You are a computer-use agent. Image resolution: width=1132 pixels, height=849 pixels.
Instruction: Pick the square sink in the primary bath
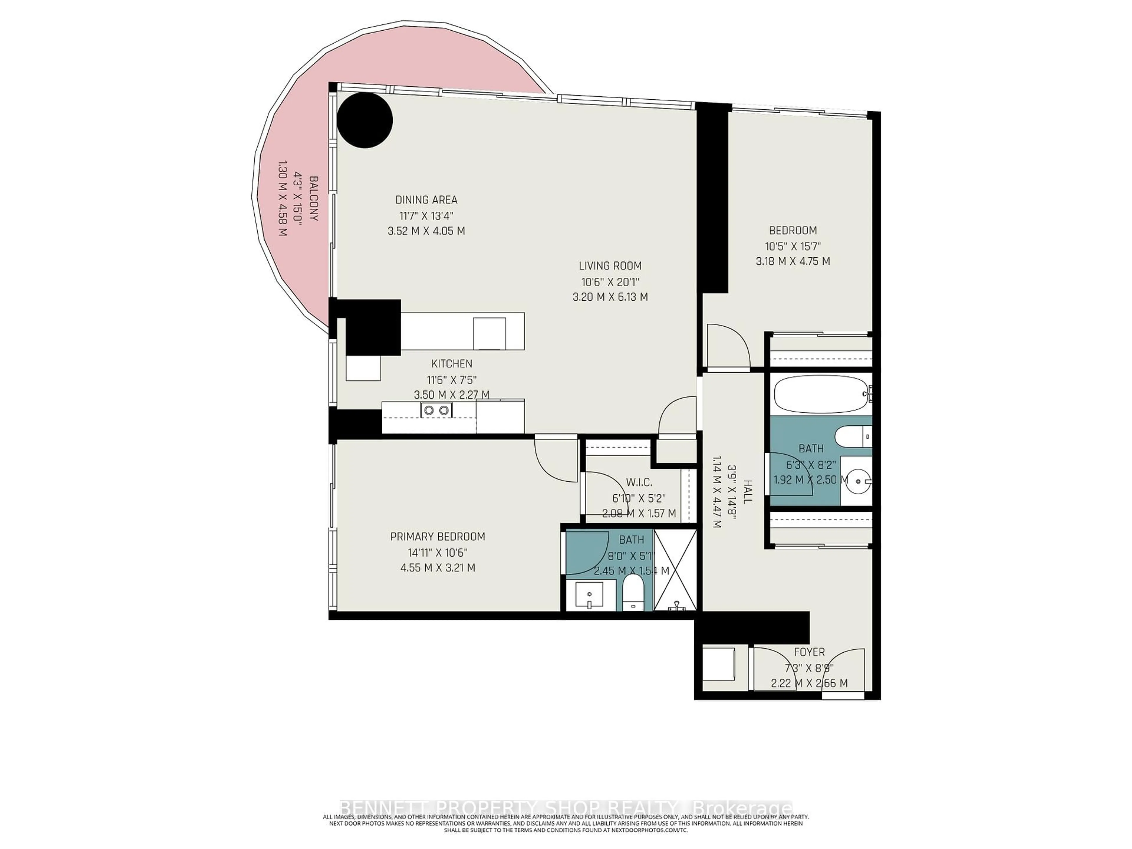click(589, 596)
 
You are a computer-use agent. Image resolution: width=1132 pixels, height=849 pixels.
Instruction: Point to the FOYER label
click(809, 652)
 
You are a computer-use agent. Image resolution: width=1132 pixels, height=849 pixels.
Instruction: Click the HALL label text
click(748, 492)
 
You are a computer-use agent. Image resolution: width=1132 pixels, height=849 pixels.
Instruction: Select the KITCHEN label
click(451, 364)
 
